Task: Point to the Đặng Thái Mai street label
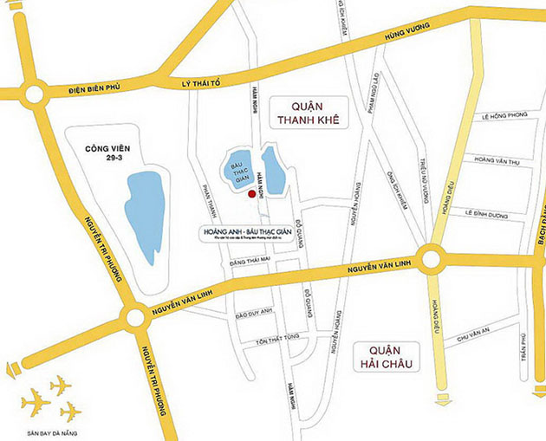tap(250, 258)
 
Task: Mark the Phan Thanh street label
tap(206, 204)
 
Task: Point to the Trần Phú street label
tap(523, 346)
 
